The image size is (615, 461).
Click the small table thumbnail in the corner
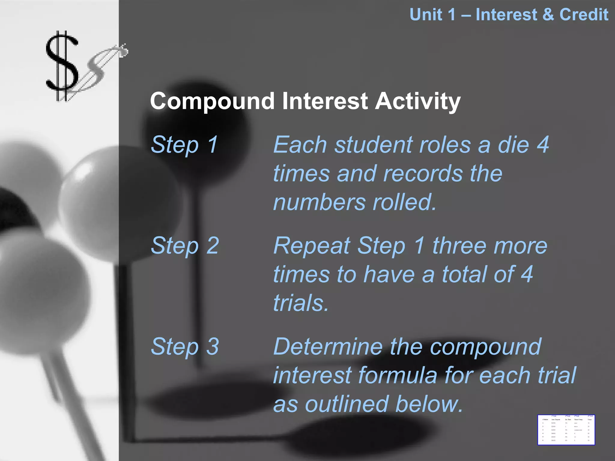(566, 430)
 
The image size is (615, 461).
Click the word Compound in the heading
(212, 101)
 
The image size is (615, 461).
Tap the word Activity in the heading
(418, 101)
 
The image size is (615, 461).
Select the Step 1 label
(184, 145)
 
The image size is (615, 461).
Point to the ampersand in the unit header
(548, 15)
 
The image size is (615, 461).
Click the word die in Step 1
(514, 145)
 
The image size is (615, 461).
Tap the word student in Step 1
(373, 145)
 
